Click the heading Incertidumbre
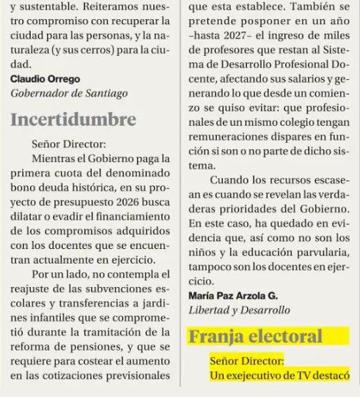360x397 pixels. (x=73, y=119)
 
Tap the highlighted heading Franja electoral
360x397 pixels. (x=255, y=336)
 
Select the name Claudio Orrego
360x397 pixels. (x=45, y=78)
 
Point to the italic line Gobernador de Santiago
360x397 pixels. (x=69, y=93)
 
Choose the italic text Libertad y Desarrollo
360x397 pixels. (x=240, y=310)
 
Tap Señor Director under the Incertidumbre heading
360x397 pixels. (x=70, y=144)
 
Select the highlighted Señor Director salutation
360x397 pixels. (x=246, y=361)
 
